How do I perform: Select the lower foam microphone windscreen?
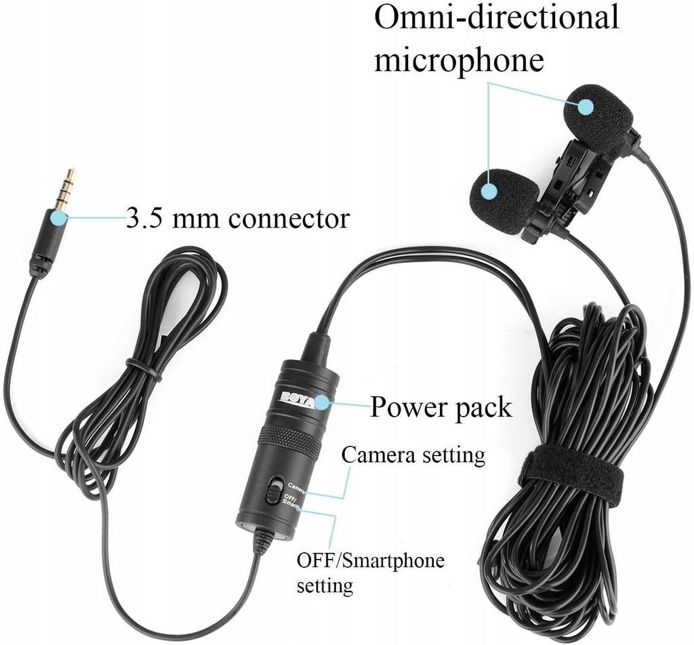pos(502,200)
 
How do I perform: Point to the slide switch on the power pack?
pos(273,492)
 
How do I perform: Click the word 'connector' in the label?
pos(288,219)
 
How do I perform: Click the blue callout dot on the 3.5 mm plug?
pos(58,217)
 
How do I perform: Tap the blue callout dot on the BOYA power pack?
pos(321,404)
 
